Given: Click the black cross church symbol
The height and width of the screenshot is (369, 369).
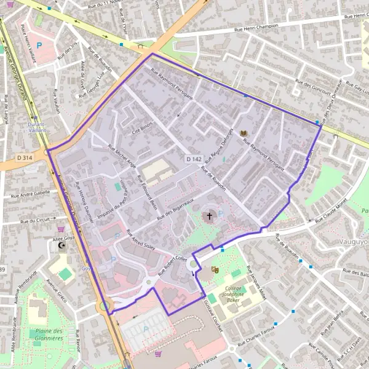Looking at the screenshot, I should (209, 216).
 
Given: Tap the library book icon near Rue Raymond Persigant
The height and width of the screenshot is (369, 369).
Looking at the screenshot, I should (243, 133).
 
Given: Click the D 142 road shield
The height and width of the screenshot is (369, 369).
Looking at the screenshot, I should (194, 159).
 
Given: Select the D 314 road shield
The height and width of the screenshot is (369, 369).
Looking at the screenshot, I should (24, 158).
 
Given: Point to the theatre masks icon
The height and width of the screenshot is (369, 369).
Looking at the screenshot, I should (215, 269).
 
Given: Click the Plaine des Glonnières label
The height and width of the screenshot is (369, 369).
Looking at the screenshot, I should (46, 334).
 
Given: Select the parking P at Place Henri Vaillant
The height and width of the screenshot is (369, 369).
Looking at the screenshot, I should (40, 46).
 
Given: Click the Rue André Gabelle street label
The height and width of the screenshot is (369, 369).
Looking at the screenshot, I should (30, 192).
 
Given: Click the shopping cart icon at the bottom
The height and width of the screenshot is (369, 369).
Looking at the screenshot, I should (158, 354).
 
